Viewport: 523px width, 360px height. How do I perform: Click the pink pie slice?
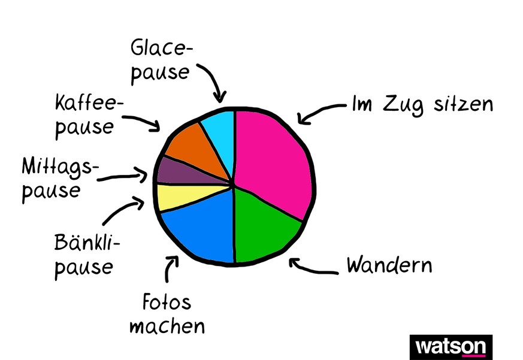273,159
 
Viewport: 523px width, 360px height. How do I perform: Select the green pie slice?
264,225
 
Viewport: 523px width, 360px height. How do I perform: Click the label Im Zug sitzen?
422,104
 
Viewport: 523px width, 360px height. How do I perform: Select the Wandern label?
389,264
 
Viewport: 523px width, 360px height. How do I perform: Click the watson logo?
451,347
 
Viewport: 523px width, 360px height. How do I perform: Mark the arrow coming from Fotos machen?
171,268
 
